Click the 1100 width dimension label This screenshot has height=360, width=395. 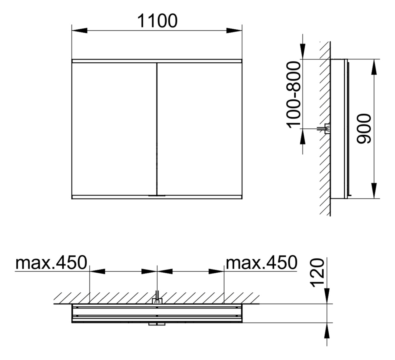(x=157, y=21)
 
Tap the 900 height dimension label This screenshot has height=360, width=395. (x=363, y=129)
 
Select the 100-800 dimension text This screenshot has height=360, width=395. (x=293, y=94)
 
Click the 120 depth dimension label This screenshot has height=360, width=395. (x=318, y=273)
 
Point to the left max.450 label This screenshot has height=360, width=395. (x=51, y=263)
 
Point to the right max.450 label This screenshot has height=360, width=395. (x=261, y=263)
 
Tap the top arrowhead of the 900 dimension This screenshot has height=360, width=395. (x=374, y=67)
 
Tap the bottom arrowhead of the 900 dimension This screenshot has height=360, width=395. (x=374, y=190)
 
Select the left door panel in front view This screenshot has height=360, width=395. (x=114, y=129)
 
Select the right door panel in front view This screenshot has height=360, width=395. (x=199, y=129)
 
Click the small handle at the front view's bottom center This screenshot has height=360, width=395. (x=157, y=196)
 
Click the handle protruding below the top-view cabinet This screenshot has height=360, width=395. (x=157, y=324)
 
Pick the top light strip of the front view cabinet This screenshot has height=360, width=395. (x=157, y=61)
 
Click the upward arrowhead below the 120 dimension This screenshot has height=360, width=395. (x=327, y=331)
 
